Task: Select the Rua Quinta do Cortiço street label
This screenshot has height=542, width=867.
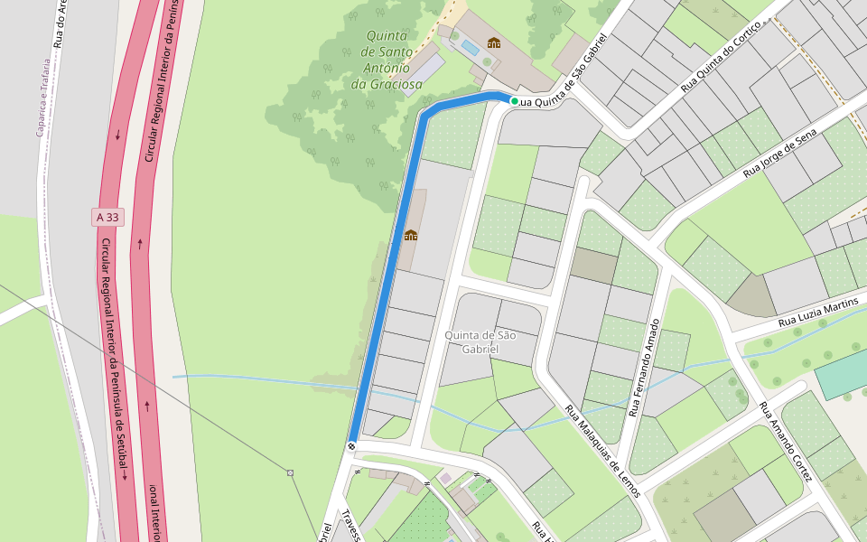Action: coord(722,55)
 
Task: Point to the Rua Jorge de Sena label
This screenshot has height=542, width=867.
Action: coord(779,152)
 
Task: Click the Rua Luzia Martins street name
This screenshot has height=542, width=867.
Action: coord(819,313)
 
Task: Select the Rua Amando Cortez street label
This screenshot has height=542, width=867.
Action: coord(786,440)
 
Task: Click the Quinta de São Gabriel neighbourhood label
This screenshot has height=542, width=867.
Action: coord(480,341)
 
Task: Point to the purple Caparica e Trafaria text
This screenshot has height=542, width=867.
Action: coord(42,97)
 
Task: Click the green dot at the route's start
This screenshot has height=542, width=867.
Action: coord(514,101)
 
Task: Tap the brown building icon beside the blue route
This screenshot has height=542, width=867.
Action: coord(411,236)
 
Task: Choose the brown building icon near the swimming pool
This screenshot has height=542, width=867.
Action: coord(493,42)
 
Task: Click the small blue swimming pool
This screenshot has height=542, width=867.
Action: coord(470,45)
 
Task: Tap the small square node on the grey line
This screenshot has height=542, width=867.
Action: coord(290,472)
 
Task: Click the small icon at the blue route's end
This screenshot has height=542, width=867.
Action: coord(350,445)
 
